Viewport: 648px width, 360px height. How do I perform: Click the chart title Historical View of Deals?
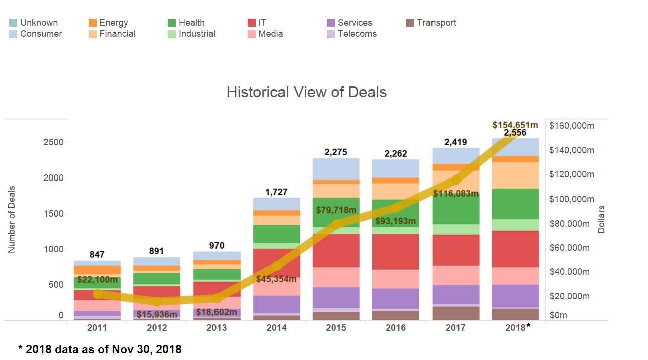(x=306, y=92)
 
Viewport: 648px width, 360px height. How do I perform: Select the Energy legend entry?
(x=113, y=23)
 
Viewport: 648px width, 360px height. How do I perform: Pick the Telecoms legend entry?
(x=357, y=34)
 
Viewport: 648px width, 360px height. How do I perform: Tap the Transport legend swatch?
(x=410, y=23)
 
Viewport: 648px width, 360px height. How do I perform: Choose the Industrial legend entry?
(x=197, y=34)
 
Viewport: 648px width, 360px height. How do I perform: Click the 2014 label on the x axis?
(x=276, y=327)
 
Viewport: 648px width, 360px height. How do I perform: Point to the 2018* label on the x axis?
(x=516, y=327)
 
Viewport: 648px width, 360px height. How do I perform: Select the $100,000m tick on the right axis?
(x=572, y=199)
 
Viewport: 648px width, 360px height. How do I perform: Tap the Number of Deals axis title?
(x=12, y=219)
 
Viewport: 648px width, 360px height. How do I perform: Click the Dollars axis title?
(x=601, y=219)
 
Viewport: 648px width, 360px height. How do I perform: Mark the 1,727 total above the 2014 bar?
(x=276, y=191)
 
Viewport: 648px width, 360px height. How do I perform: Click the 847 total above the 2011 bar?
(x=97, y=255)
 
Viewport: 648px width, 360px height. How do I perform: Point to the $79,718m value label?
(x=336, y=209)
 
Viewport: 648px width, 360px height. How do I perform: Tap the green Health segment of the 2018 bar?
(x=515, y=204)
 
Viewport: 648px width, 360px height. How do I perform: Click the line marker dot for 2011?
(x=98, y=294)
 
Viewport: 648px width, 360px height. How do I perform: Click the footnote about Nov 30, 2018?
(x=100, y=350)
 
